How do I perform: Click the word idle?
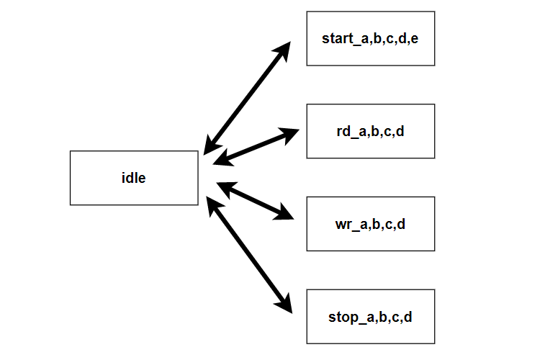coord(134,178)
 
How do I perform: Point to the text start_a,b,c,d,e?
coord(370,38)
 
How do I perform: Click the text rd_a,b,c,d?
coord(370,131)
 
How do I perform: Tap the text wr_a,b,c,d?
coord(370,223)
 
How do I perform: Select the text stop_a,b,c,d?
coord(370,316)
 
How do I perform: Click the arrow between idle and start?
coord(247,98)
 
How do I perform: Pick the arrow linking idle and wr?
coord(255,200)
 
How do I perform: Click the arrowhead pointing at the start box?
coord(283,50)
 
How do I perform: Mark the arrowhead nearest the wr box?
coord(286,214)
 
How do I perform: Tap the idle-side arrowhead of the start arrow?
coord(210,146)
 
